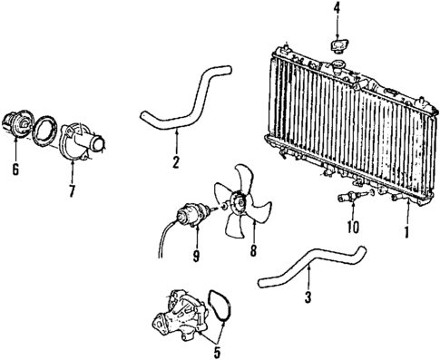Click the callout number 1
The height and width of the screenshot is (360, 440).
click(x=407, y=232)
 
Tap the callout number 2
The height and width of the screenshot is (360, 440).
click(x=176, y=162)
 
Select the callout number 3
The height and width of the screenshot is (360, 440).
click(x=308, y=297)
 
